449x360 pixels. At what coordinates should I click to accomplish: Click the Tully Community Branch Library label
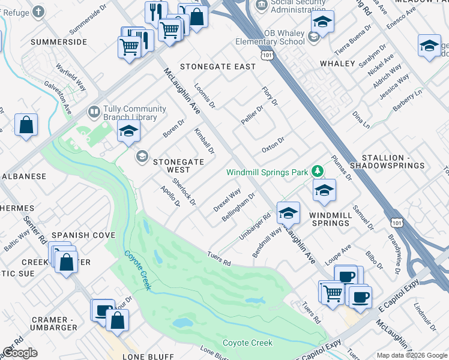pos(134,112)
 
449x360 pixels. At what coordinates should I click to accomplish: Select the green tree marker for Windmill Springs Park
pos(318,172)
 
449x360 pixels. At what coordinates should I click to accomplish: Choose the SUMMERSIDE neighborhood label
pos(59,42)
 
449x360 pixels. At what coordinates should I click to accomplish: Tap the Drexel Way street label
pos(227,200)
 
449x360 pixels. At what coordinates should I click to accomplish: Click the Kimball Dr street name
pos(204,140)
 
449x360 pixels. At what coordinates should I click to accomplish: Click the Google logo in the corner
pos(19,353)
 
